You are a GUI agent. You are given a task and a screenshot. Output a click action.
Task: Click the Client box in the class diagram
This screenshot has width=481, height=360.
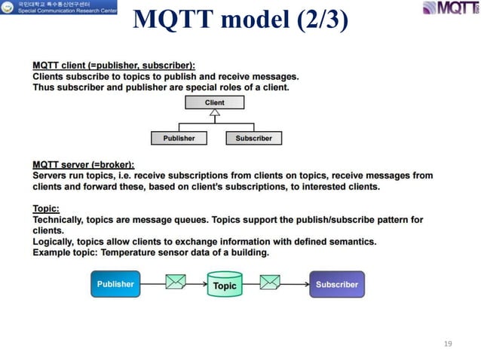pyautogui.click(x=214, y=102)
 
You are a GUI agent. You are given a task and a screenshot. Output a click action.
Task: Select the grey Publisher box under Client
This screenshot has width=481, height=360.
pyautogui.click(x=179, y=138)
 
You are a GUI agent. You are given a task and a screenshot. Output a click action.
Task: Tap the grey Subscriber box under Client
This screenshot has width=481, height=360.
pyautogui.click(x=254, y=138)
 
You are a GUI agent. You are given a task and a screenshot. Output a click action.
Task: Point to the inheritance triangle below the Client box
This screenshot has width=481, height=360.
pyautogui.click(x=215, y=114)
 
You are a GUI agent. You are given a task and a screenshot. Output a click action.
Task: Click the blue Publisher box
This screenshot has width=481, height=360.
pyautogui.click(x=115, y=285)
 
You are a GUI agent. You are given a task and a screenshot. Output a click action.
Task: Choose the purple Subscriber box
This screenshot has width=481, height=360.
pyautogui.click(x=337, y=285)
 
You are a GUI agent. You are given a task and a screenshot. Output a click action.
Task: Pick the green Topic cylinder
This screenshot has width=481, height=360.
pyautogui.click(x=225, y=285)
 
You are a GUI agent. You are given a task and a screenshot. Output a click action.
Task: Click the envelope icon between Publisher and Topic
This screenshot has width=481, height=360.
pyautogui.click(x=176, y=284)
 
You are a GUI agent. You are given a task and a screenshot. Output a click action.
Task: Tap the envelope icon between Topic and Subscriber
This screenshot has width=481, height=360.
pyautogui.click(x=271, y=284)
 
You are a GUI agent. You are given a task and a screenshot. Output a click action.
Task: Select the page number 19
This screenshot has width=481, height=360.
pyautogui.click(x=448, y=343)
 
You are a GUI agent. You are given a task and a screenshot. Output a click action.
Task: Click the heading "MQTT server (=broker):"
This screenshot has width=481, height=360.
pyautogui.click(x=84, y=164)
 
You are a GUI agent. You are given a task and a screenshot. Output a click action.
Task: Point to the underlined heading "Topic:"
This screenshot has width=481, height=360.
pyautogui.click(x=46, y=208)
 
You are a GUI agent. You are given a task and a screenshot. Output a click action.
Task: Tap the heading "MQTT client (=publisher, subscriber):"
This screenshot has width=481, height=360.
pyautogui.click(x=114, y=66)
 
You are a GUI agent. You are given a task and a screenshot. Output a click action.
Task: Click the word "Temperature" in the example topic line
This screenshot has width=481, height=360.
pyautogui.click(x=129, y=252)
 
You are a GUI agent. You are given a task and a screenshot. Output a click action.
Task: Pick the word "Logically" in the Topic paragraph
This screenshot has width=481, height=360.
pyautogui.click(x=54, y=241)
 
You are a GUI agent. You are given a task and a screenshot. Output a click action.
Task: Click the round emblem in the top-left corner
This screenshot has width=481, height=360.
pyautogui.click(x=7, y=8)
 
